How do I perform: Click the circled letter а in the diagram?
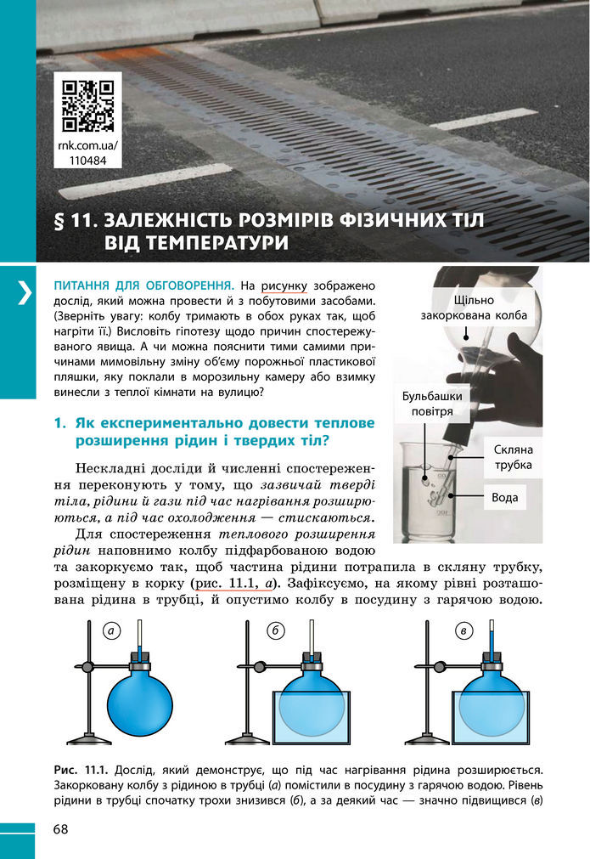point(111,630)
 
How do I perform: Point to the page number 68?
point(62,828)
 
